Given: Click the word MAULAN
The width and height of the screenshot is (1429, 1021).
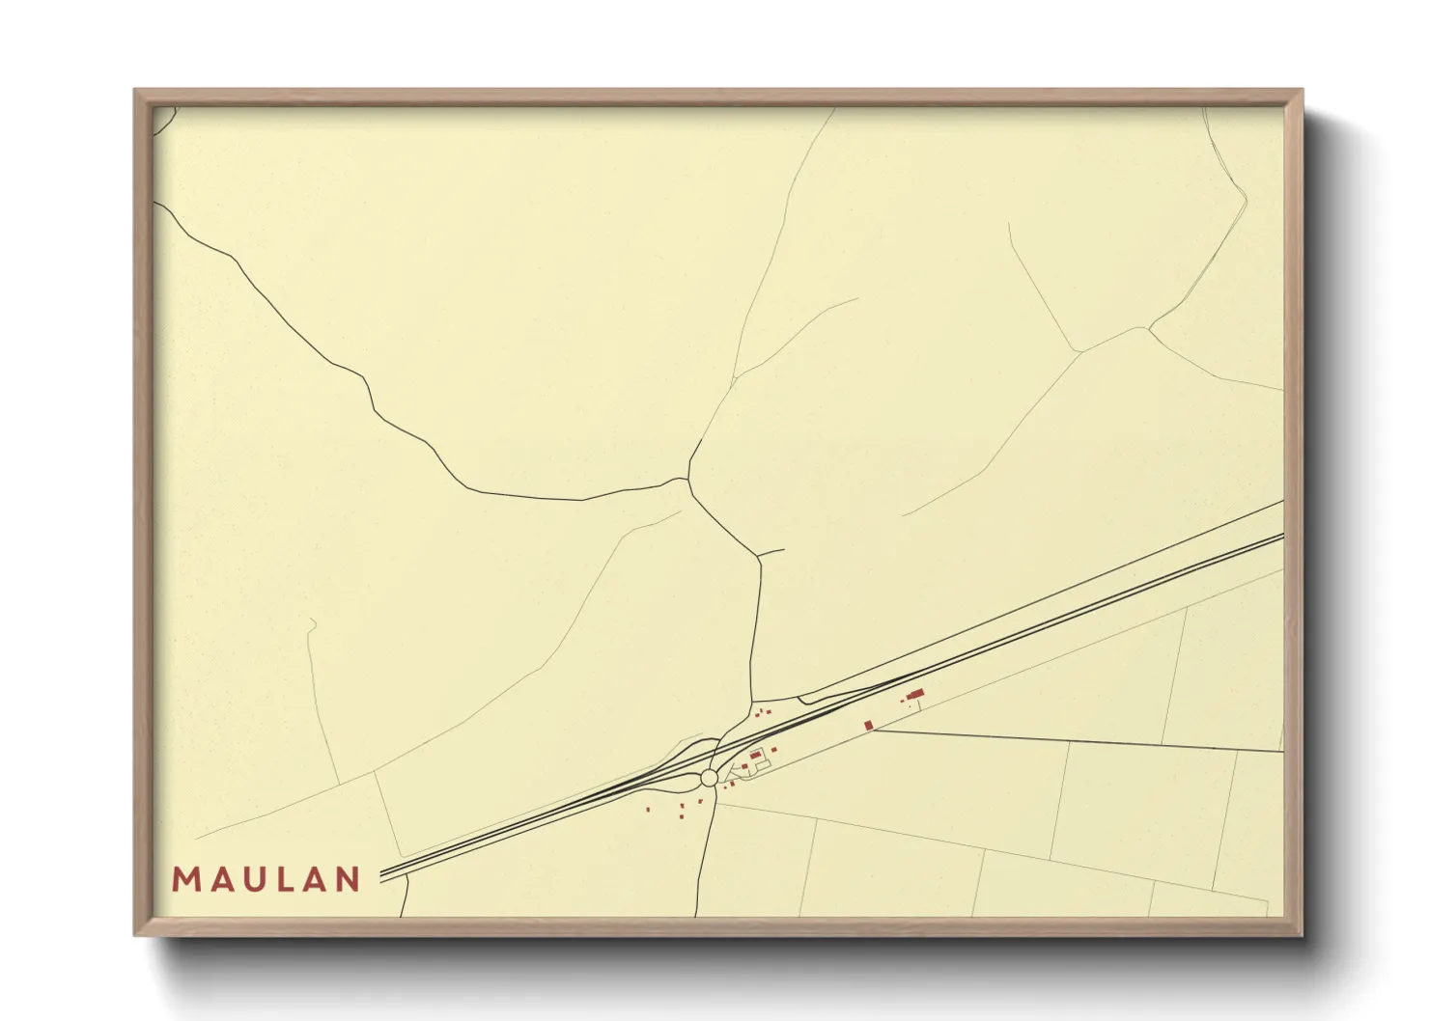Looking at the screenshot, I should tap(266, 879).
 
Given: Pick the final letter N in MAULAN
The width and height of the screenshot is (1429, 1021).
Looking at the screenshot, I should tap(349, 879).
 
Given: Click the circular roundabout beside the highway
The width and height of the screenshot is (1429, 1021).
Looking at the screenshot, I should tap(710, 778).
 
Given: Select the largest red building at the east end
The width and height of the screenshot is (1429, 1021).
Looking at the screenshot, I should tap(915, 694).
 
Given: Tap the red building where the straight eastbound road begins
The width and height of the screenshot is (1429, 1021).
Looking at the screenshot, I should tap(868, 725).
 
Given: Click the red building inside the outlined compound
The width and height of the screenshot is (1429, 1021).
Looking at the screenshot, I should tap(755, 755).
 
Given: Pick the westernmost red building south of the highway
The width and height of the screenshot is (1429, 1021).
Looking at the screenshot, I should tap(648, 809).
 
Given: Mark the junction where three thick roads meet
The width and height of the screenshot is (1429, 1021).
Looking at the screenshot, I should tap(688, 479).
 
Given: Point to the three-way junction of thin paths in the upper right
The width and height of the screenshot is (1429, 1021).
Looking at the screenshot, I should tap(1147, 328).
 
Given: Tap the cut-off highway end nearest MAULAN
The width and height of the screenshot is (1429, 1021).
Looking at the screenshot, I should tap(382, 874).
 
